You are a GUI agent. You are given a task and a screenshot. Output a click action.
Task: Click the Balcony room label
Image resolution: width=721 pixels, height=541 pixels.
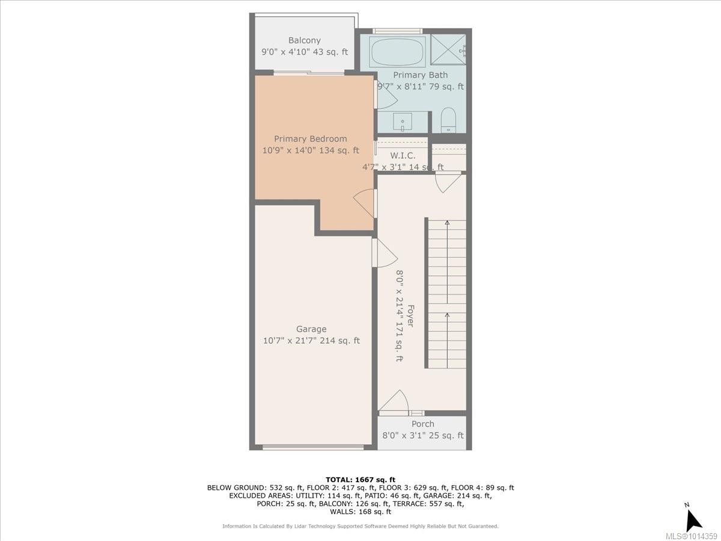click(x=304, y=40)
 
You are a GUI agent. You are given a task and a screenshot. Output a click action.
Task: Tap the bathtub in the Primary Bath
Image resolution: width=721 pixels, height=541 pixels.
click(x=397, y=52)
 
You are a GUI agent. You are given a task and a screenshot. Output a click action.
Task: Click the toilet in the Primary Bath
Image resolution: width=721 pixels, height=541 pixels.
click(x=449, y=120)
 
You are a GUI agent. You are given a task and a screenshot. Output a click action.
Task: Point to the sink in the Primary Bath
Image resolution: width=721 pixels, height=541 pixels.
click(x=402, y=122)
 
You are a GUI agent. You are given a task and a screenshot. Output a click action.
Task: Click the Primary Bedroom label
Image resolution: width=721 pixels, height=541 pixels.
click(x=311, y=139)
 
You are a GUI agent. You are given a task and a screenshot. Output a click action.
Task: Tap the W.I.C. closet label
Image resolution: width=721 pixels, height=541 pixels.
click(x=403, y=156)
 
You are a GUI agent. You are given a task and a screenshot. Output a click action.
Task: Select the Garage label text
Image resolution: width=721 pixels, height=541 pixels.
click(x=311, y=329)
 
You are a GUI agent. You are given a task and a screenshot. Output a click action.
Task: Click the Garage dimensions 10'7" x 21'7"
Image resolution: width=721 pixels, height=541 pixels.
click(x=311, y=341)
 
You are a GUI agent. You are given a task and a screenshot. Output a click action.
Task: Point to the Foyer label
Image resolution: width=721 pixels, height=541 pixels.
click(x=411, y=316)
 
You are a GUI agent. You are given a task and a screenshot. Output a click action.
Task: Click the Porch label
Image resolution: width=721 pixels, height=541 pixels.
click(x=422, y=424)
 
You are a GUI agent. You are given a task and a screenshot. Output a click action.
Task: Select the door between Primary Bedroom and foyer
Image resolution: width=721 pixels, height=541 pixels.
click(x=365, y=204)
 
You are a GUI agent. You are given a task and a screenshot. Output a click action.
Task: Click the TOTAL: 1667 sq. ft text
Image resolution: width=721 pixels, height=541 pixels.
click(x=360, y=479)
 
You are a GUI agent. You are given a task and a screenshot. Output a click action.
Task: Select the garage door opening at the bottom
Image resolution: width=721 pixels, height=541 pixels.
click(x=313, y=447)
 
